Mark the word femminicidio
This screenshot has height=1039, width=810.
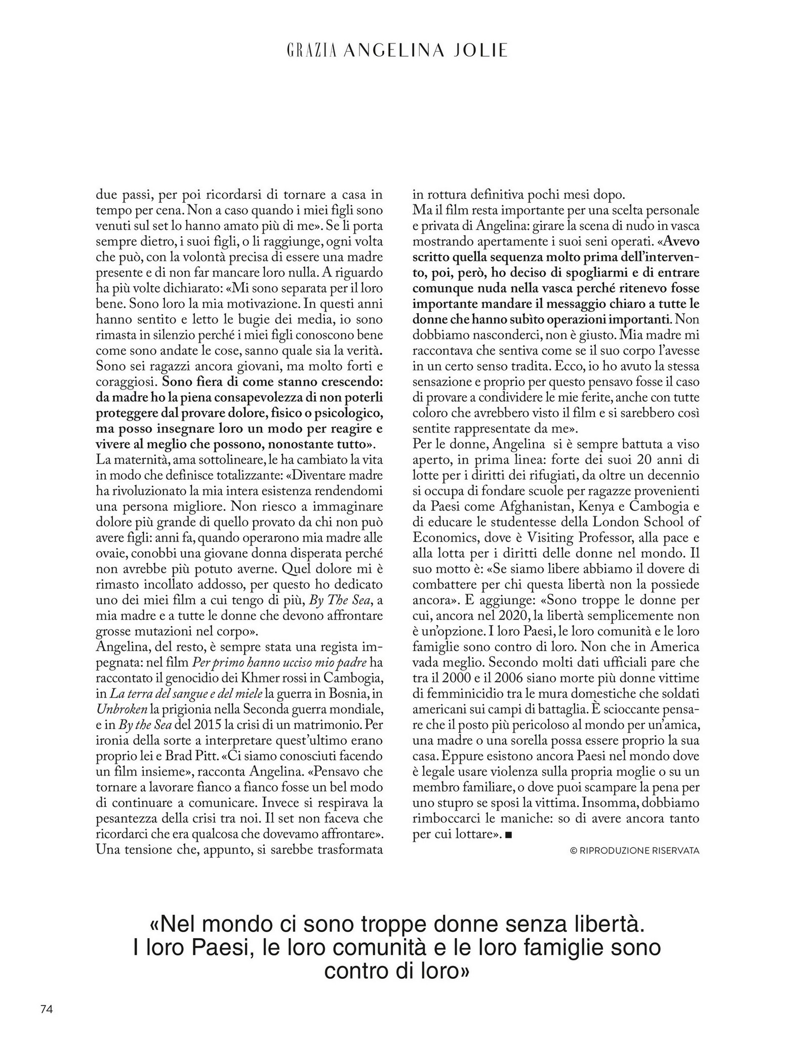tap(461, 694)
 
